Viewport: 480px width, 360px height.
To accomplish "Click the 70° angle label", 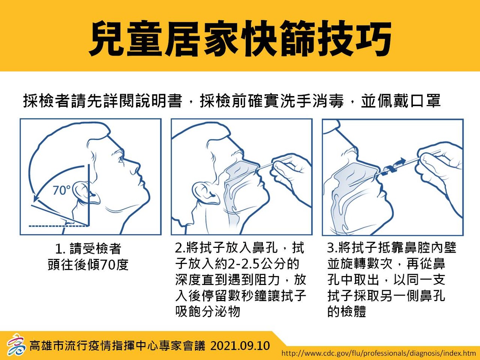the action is [62, 190].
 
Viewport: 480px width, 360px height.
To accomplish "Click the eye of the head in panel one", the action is [121, 160].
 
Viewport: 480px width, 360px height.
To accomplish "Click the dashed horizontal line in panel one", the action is [58, 226].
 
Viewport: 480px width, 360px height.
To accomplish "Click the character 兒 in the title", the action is [108, 37].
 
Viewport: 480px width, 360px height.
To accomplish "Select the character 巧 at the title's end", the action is [372, 37].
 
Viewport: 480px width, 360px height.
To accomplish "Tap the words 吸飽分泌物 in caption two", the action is [208, 310].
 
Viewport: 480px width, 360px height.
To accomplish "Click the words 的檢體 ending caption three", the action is [346, 310].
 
